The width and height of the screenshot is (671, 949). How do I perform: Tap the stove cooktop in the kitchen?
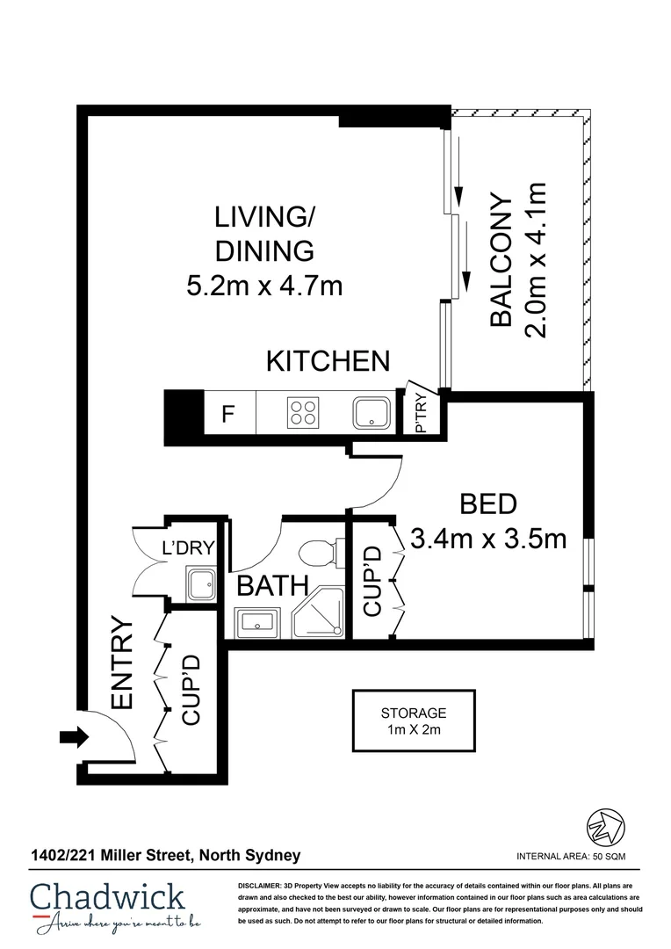[303, 412]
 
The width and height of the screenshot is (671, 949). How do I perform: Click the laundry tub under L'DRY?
[198, 583]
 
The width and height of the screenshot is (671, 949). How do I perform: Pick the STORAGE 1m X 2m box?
[413, 721]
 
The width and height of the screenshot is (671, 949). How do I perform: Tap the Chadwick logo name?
[107, 896]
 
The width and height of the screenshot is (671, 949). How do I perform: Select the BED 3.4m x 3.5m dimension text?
[490, 538]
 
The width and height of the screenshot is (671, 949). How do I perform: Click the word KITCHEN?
[328, 361]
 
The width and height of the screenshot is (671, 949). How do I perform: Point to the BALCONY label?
[501, 260]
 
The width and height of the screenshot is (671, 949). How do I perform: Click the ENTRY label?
[121, 663]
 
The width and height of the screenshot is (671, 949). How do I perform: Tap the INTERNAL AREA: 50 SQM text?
[571, 856]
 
